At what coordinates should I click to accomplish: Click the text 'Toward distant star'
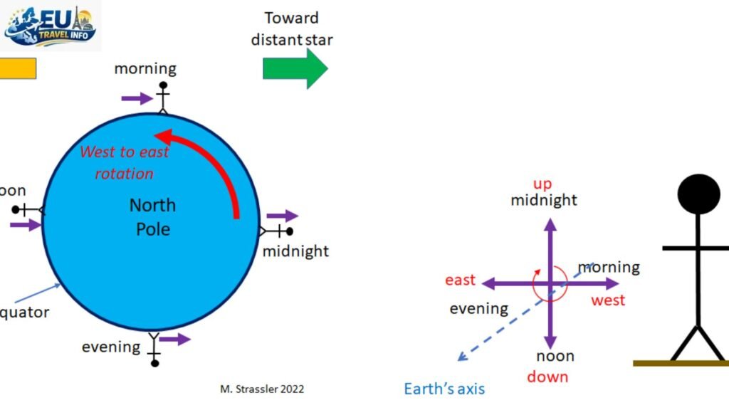(292, 28)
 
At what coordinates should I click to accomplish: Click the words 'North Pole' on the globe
(152, 217)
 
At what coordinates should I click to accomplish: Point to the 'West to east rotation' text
(125, 162)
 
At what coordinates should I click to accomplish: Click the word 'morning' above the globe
(145, 69)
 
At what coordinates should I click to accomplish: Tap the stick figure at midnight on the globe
(278, 231)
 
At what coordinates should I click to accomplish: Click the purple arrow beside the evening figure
(175, 339)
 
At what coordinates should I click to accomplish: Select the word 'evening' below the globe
(110, 347)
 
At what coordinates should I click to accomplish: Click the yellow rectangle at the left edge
(17, 68)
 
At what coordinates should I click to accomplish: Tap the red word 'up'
(542, 184)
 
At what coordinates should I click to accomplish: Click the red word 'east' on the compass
(460, 280)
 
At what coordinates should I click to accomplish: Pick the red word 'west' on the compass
(608, 300)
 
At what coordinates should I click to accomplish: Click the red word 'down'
(547, 377)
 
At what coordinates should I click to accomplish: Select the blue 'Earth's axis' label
(444, 389)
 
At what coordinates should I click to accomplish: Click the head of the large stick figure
(698, 194)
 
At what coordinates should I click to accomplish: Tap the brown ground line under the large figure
(681, 363)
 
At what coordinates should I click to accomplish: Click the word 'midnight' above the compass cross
(544, 200)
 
